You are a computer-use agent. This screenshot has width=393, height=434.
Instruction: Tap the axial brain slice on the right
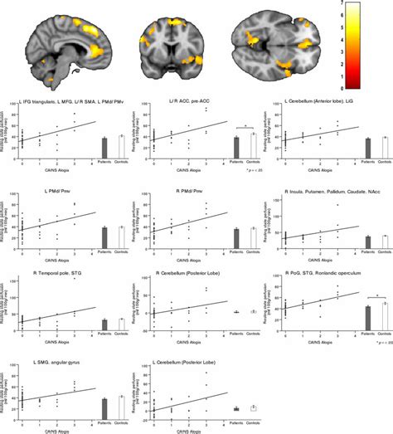pyautogui.click(x=275, y=41)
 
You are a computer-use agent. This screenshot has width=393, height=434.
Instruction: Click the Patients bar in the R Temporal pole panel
pyautogui.click(x=105, y=324)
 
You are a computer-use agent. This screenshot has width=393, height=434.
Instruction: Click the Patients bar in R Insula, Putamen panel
pyautogui.click(x=368, y=241)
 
